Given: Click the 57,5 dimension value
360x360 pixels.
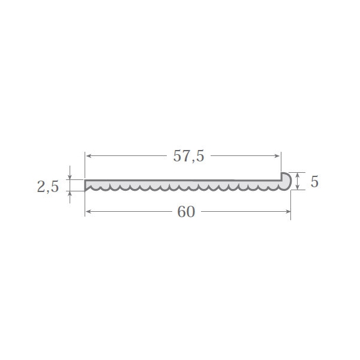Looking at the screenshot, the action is point(188,156).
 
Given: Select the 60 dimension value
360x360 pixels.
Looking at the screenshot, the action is point(186,212).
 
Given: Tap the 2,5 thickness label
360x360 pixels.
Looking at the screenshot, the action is point(48,186).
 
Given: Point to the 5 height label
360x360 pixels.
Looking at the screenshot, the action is point(314,182).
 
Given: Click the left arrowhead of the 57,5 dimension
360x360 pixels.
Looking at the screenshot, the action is point(89,156).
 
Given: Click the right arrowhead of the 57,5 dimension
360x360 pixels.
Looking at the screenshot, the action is point(277,156).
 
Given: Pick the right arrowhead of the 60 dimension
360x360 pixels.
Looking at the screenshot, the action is point(287,211).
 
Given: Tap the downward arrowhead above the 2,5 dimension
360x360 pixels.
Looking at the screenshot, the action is point(70,176).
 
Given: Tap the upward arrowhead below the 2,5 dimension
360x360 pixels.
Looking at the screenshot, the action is point(70,194).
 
